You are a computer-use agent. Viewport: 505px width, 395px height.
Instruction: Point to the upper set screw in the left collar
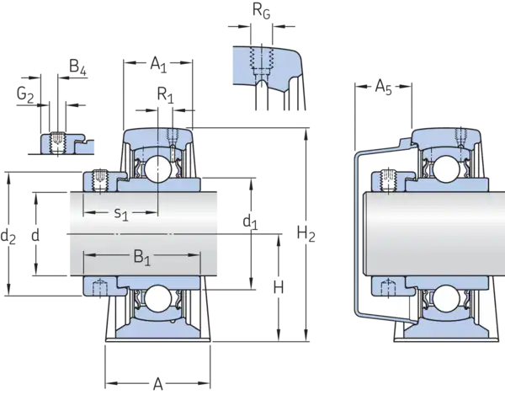coord(99,178)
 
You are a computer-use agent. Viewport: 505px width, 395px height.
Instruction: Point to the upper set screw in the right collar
coord(389,178)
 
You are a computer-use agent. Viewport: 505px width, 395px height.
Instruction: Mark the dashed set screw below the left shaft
coord(99,287)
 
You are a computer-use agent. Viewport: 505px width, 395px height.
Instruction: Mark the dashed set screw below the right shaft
coord(389,287)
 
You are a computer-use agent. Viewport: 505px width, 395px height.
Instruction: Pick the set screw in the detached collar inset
coord(57,143)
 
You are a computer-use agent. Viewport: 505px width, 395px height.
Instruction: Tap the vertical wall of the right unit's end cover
coord(357,232)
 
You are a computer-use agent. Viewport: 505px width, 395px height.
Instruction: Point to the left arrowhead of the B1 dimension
coord(85,254)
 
